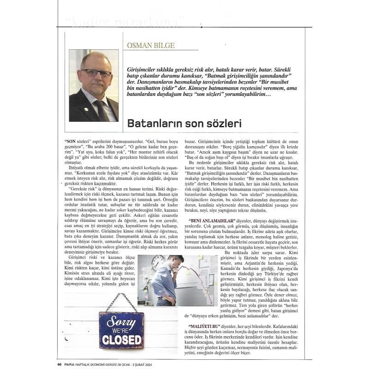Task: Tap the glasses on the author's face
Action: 95,73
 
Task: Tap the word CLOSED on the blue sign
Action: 121,339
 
